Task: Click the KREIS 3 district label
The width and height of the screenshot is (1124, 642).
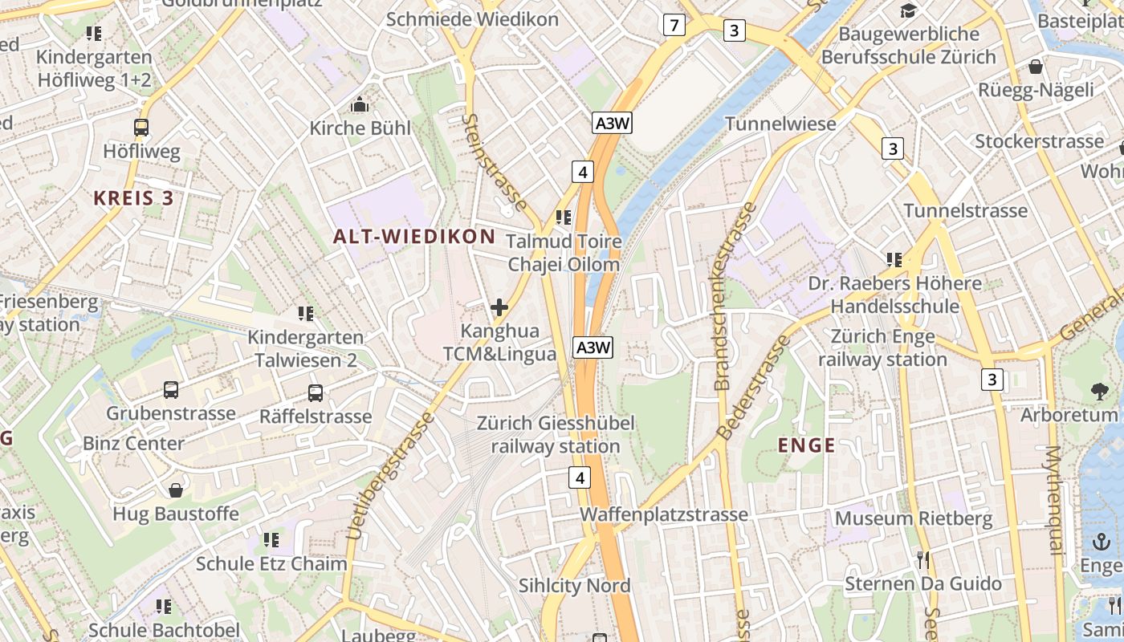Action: click(x=133, y=198)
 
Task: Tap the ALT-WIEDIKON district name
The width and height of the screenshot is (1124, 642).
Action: click(x=414, y=236)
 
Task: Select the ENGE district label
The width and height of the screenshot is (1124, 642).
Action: click(x=807, y=445)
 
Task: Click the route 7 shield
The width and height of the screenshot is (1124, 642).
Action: click(x=674, y=26)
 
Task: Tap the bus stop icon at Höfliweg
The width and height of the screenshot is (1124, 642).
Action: click(x=141, y=127)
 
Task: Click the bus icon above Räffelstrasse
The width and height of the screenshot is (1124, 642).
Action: click(x=316, y=393)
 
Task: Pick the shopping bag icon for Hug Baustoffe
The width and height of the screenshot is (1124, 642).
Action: click(x=176, y=490)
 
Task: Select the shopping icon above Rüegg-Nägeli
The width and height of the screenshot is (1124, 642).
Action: click(x=1036, y=66)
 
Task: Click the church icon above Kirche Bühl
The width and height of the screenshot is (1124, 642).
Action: click(x=360, y=104)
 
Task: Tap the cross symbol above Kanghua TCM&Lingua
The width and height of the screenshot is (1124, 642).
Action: click(x=499, y=307)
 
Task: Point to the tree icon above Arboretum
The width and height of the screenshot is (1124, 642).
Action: click(x=1100, y=391)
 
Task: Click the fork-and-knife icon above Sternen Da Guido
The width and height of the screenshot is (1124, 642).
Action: click(x=923, y=559)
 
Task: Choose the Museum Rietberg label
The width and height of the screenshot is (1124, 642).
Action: click(x=914, y=518)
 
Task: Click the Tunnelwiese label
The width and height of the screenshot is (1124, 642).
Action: click(x=780, y=124)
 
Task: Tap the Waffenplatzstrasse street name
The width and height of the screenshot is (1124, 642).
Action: click(x=664, y=514)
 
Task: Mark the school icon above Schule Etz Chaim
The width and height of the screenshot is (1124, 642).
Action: click(x=271, y=539)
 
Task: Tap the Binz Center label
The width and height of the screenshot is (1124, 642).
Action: click(x=133, y=443)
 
